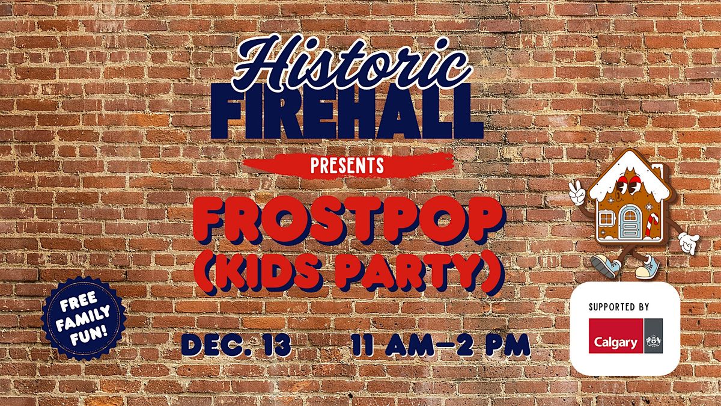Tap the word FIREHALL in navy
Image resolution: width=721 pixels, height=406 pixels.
[347, 111]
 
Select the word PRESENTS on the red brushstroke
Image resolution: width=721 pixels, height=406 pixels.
[347, 165]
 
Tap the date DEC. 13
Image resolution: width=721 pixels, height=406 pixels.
[236, 345]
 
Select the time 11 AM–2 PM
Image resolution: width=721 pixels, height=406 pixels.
[441, 345]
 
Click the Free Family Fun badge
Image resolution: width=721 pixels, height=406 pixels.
[84, 318]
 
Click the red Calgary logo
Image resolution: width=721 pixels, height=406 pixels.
[616, 336]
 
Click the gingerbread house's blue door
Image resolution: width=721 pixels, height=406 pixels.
[629, 222]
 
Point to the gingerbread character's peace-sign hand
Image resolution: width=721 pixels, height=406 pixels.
[576, 192]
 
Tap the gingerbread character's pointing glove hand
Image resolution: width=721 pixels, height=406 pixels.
[689, 242]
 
